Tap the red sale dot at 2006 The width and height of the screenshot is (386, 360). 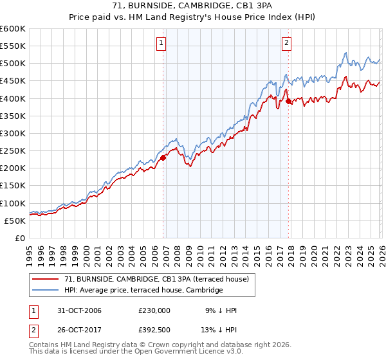163,157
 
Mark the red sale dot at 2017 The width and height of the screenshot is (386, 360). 288,101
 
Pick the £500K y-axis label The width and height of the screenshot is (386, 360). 13,63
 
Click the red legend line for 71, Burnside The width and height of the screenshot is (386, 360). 45,278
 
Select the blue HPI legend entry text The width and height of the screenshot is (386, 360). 143,290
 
